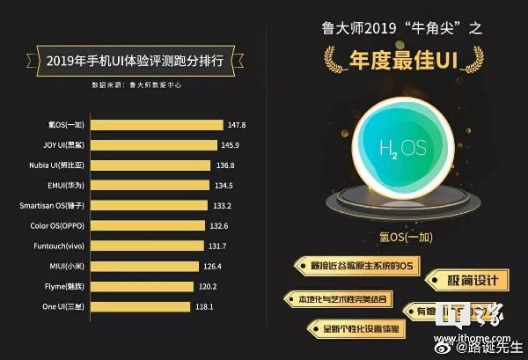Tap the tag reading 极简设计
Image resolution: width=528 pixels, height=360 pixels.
tap(466, 281)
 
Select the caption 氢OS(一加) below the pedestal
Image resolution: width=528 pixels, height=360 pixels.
tap(401, 236)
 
